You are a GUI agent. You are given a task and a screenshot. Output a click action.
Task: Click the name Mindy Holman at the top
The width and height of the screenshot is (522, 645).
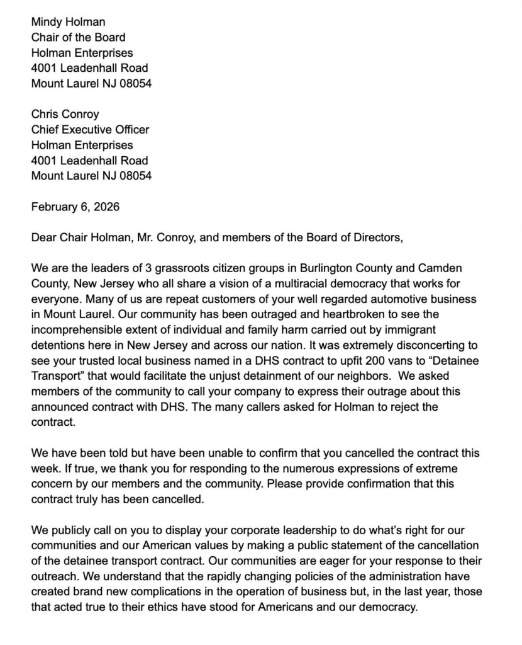[x=69, y=22]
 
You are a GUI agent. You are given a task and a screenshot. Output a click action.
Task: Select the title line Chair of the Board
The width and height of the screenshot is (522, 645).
[x=78, y=37]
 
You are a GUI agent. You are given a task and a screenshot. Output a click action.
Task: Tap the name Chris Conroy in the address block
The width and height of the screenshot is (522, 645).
[x=65, y=114]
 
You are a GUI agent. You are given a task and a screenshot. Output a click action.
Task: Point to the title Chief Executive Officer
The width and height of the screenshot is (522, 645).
[x=91, y=130]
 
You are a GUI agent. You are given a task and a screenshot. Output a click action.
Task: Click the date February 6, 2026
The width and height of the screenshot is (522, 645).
[x=75, y=207]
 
